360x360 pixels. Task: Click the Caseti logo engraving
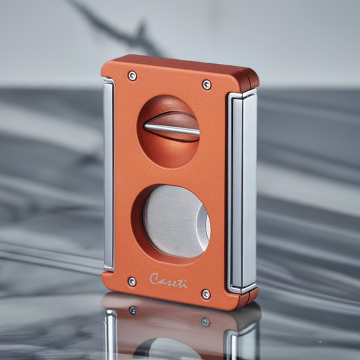[x=168, y=280]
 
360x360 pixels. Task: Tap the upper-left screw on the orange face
[x=132, y=76]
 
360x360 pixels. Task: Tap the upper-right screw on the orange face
[x=207, y=84]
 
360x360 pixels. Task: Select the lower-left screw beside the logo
[x=132, y=281]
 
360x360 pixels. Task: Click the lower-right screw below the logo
[x=206, y=294]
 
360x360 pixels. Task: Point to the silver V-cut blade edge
[x=172, y=129]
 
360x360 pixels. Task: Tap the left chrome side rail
[x=108, y=174]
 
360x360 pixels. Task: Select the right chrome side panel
[x=242, y=191]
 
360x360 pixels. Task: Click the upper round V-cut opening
[x=168, y=132]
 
